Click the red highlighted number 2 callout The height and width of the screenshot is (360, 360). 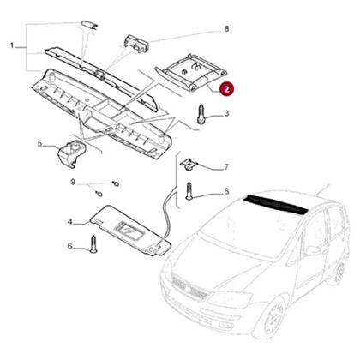225,87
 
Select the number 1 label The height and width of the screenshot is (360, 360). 11,44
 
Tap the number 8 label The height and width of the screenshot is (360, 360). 226,30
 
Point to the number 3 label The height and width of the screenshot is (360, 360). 225,113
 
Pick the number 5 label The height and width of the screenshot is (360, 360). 39,145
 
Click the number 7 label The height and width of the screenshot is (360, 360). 225,167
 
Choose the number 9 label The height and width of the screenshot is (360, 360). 74,182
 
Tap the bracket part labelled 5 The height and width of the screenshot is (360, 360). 71,155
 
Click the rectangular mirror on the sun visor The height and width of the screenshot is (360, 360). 129,231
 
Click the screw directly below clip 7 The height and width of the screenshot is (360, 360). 189,190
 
